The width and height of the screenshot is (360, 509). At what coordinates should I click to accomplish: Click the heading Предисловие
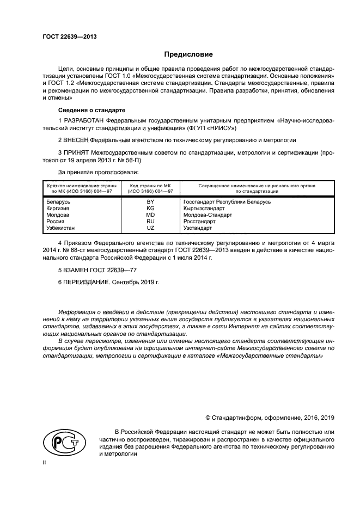pyautogui.click(x=189, y=54)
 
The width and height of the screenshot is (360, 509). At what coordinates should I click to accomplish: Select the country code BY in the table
pyautogui.click(x=150, y=202)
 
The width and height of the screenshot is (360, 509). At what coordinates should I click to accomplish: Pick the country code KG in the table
pyautogui.click(x=150, y=208)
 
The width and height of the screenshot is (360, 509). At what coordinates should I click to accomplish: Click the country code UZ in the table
pyautogui.click(x=150, y=228)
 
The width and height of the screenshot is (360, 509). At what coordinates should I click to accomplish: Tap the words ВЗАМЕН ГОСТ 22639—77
pyautogui.click(x=92, y=270)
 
